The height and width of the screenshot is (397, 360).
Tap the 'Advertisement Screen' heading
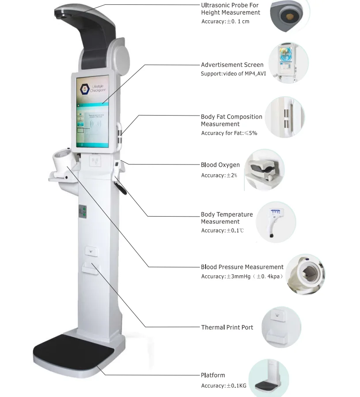[232, 65]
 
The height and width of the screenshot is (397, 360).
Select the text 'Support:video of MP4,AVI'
[233, 74]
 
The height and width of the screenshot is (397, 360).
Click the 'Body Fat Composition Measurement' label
[231, 120]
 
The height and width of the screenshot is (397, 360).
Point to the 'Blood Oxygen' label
[220, 165]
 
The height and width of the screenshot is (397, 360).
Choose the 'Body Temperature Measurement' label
[227, 218]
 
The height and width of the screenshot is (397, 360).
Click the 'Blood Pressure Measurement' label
[242, 267]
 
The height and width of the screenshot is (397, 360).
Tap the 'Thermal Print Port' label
[227, 327]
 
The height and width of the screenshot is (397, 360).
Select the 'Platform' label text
[213, 375]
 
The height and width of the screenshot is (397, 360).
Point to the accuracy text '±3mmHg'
[238, 277]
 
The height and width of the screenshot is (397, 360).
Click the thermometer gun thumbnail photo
[274, 222]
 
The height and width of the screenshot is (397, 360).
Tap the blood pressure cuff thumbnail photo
[305, 274]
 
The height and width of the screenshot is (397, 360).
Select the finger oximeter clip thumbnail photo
[264, 170]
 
